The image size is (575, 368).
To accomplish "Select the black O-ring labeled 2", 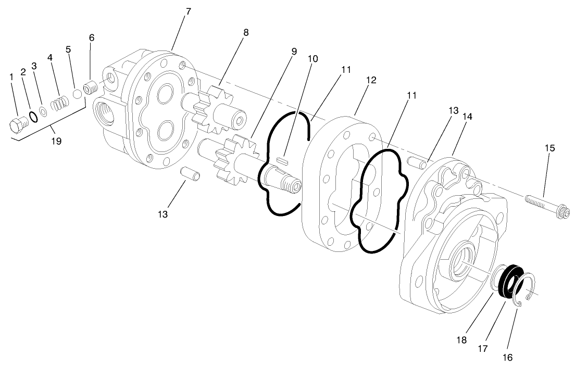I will pos(33,116).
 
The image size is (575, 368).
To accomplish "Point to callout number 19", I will pos(56,141).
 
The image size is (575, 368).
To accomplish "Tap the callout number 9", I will pos(294,51).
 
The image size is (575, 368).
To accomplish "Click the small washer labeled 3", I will pos(44,111).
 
